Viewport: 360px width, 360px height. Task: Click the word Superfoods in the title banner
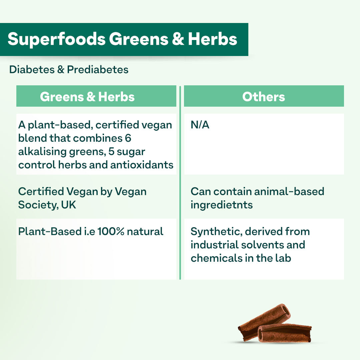(x=56, y=39)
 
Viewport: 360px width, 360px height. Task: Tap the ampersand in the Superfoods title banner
(x=178, y=39)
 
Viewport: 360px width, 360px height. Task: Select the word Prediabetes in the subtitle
(x=98, y=70)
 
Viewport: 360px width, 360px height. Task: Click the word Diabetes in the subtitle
(x=32, y=70)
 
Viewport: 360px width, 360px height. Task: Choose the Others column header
(x=264, y=97)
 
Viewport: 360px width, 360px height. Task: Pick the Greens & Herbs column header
(x=87, y=97)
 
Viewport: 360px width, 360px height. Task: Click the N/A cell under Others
(x=200, y=125)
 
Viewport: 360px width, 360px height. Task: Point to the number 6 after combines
(x=128, y=138)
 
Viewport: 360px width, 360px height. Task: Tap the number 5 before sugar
(x=111, y=152)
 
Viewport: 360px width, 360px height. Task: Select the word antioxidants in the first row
(x=142, y=165)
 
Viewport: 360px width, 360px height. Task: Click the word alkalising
(x=42, y=152)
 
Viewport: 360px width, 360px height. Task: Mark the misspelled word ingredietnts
(x=222, y=205)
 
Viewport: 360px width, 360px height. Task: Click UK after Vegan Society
(x=68, y=205)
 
